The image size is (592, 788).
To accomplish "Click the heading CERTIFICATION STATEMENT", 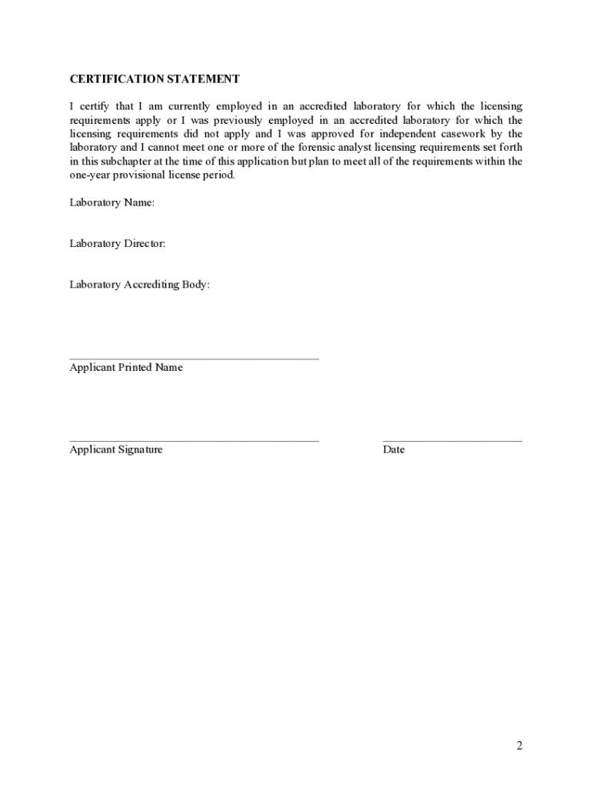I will tap(155, 79).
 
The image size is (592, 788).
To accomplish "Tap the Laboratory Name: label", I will tap(112, 203).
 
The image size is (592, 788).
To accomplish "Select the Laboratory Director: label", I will tap(118, 244).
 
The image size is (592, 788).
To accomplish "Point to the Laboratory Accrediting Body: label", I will tap(139, 285).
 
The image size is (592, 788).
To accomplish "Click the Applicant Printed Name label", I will tap(126, 368).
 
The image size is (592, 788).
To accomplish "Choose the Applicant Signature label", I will tap(116, 450).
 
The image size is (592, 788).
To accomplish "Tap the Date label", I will tap(394, 450).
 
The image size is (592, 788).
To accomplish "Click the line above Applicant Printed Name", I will tap(194, 359).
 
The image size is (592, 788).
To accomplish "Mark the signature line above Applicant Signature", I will tap(194, 441).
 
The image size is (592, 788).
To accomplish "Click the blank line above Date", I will tap(452, 441).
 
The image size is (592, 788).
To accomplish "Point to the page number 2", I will tap(519, 745).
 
